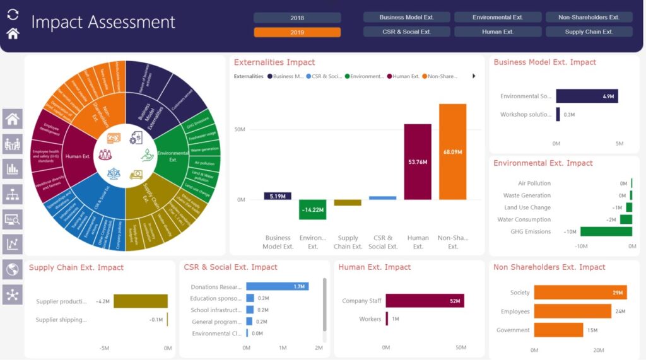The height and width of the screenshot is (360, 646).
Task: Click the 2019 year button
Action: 297,32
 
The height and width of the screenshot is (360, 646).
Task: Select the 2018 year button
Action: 297,18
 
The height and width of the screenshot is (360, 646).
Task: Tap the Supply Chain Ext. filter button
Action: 589,32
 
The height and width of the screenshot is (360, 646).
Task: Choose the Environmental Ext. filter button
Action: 497,17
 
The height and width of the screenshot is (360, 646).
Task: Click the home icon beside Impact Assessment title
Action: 13,33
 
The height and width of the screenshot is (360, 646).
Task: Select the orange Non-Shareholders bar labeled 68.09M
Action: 452,151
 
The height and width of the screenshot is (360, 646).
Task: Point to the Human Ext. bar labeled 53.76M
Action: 418,161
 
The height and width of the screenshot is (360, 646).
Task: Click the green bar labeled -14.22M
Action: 312,209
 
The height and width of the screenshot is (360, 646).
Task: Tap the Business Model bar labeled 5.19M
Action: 278,196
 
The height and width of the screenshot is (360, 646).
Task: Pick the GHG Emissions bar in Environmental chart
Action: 606,231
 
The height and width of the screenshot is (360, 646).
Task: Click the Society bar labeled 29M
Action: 580,293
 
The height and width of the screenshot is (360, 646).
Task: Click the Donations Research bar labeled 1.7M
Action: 277,286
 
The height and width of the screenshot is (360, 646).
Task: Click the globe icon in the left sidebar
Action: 13,269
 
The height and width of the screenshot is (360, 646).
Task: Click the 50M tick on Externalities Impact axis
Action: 240,129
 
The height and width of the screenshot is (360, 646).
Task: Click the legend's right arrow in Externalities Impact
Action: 474,76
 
